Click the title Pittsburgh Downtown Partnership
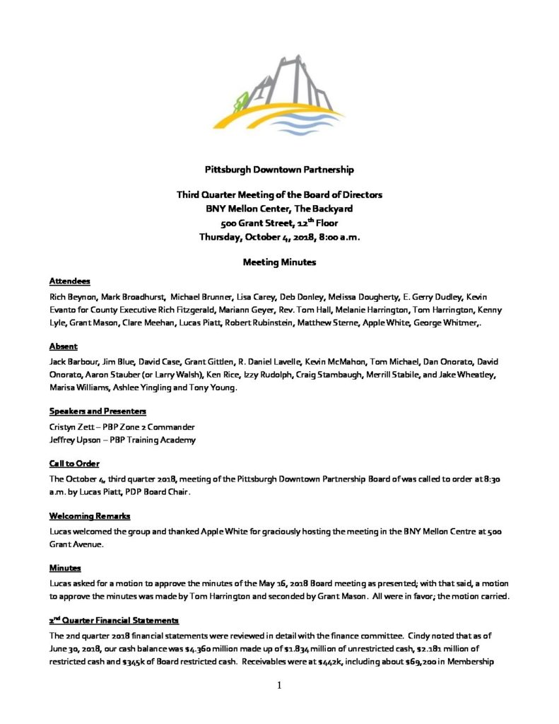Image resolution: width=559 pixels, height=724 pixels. pyautogui.click(x=279, y=170)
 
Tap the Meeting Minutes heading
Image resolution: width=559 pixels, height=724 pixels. pyautogui.click(x=279, y=262)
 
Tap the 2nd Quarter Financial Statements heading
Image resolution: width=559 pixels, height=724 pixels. pyautogui.click(x=114, y=620)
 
